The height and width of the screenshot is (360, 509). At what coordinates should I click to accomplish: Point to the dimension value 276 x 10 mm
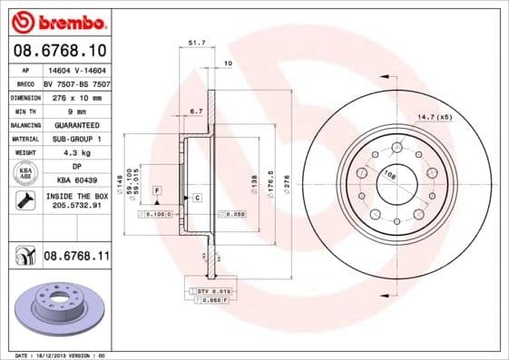tap(75, 96)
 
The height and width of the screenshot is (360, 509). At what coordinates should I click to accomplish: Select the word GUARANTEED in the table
tap(75, 123)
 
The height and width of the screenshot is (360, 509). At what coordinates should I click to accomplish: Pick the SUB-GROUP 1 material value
tap(75, 138)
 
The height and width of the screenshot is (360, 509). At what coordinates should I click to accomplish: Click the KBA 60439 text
tap(75, 180)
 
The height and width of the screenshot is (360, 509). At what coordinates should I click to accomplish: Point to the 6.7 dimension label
tap(195, 111)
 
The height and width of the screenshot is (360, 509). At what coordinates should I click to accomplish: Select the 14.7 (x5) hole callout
tap(435, 117)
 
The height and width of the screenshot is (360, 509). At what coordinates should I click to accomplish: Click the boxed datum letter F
tap(157, 190)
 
